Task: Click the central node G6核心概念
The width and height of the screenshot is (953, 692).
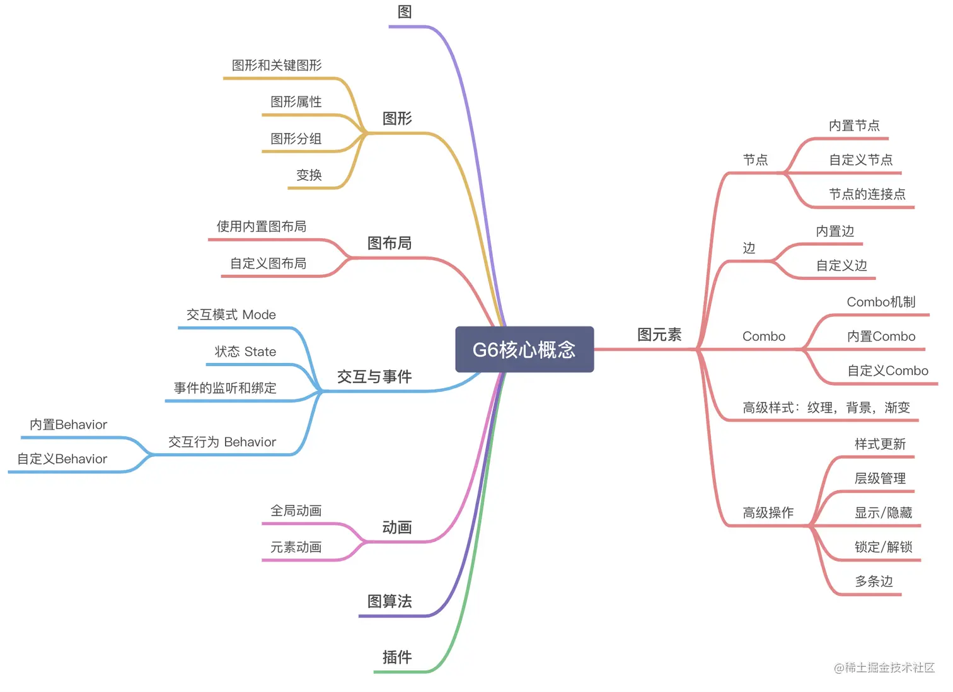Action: click(x=524, y=349)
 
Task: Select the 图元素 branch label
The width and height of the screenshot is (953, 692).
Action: click(x=659, y=335)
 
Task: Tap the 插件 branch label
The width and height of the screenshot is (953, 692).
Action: click(x=397, y=657)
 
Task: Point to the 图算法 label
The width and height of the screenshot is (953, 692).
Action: click(x=390, y=601)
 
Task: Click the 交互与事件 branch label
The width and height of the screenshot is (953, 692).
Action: click(x=374, y=377)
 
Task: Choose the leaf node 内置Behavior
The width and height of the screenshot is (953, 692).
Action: click(x=68, y=425)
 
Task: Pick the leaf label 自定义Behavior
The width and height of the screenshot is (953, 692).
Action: click(x=62, y=459)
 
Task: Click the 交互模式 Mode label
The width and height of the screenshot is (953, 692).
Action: click(x=231, y=314)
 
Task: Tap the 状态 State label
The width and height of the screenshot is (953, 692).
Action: click(x=245, y=352)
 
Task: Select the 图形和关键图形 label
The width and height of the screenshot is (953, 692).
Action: click(x=277, y=66)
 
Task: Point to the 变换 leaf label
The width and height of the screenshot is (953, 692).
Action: click(x=309, y=175)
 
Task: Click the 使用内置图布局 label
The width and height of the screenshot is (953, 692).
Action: click(x=262, y=226)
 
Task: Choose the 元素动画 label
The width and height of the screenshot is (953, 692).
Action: click(x=296, y=547)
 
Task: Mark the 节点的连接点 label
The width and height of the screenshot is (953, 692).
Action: click(x=867, y=194)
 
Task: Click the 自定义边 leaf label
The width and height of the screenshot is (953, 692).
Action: click(x=841, y=265)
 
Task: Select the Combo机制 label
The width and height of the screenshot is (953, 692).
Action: click(x=881, y=302)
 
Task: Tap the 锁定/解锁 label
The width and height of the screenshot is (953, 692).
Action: click(x=883, y=547)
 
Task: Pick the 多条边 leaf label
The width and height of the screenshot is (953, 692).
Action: click(x=874, y=581)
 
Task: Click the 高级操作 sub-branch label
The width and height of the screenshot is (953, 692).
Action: click(x=768, y=513)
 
